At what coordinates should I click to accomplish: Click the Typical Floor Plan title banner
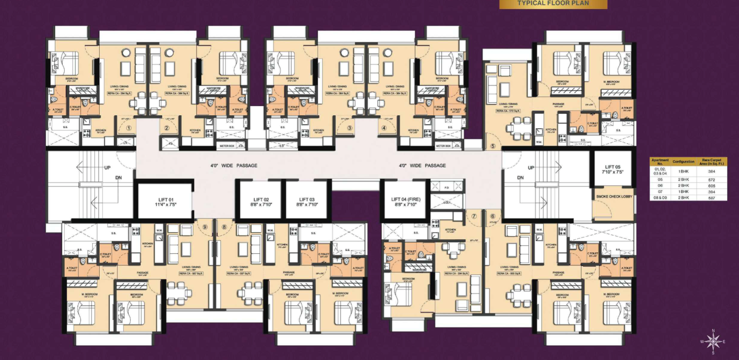[553, 4]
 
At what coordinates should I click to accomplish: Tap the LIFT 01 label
[166, 202]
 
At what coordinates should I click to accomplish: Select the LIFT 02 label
[261, 202]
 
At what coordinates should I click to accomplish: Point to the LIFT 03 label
[307, 202]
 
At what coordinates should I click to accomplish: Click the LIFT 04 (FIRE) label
[406, 202]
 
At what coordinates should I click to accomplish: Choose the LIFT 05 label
[613, 169]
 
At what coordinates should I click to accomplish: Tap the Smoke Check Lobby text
[614, 196]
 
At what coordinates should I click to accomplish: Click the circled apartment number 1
[129, 128]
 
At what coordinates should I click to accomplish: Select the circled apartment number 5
[493, 146]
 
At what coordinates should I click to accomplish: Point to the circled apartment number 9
[205, 227]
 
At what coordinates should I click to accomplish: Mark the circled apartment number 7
[474, 216]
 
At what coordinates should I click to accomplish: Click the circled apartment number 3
[350, 128]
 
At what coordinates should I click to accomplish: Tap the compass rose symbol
[713, 341]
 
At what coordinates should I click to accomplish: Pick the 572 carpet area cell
[711, 180]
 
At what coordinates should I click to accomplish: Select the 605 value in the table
[711, 186]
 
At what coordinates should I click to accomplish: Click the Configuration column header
[683, 162]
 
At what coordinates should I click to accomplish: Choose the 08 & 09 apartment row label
[660, 198]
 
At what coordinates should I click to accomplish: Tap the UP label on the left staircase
[107, 167]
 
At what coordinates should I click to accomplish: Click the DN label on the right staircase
[520, 177]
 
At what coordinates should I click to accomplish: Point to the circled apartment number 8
[224, 227]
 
